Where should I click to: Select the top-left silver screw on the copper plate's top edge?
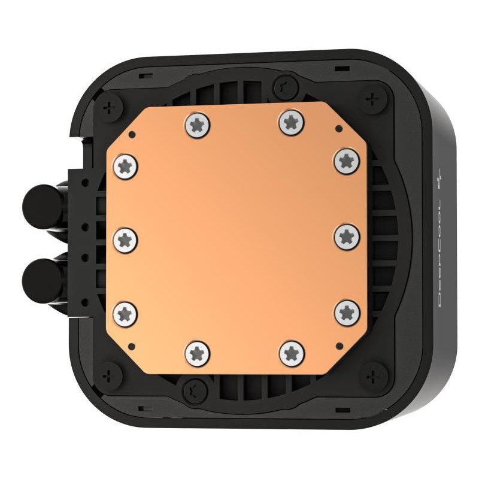(195, 125)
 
